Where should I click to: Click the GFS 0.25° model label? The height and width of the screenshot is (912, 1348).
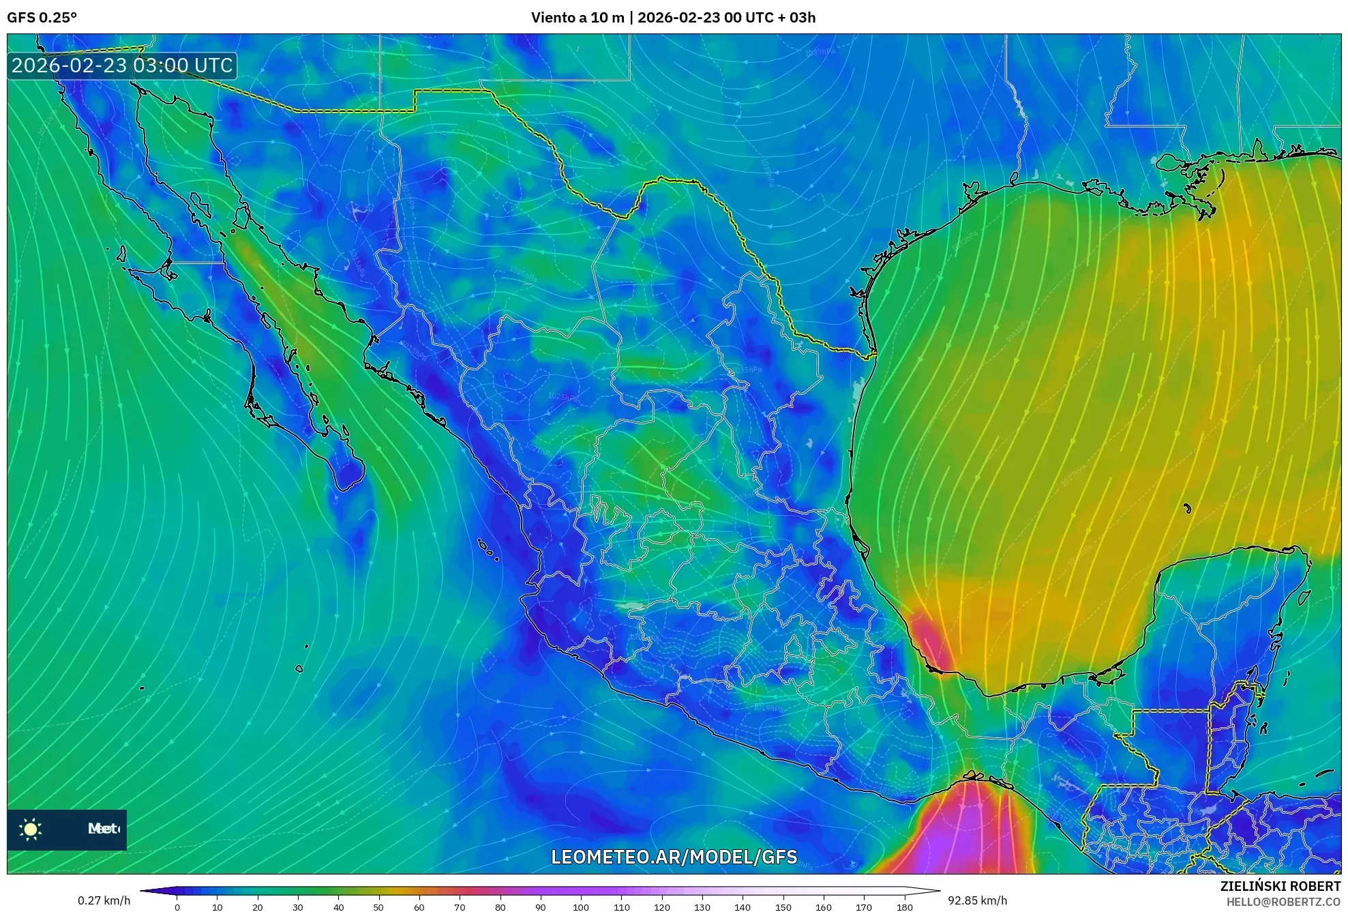[42, 18]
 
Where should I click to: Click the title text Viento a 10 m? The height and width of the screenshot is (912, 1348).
[577, 18]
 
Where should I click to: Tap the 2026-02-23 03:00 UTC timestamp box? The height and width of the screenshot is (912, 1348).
[122, 65]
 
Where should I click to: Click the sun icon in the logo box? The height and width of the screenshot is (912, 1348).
[31, 829]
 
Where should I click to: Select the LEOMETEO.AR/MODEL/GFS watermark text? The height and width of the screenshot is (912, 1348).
[674, 857]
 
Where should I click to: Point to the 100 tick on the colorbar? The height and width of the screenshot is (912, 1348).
[580, 907]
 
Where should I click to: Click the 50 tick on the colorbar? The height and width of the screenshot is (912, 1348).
[378, 907]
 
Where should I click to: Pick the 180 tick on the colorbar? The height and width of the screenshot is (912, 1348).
[904, 907]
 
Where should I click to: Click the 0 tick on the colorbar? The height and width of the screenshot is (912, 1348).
[177, 907]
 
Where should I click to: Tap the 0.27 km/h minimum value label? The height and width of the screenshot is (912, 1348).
[104, 900]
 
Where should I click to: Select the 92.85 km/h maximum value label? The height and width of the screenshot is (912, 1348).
[977, 900]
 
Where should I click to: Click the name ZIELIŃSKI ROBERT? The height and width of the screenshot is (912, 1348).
[1280, 886]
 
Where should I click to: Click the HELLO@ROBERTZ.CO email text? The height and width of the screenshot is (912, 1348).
[1283, 902]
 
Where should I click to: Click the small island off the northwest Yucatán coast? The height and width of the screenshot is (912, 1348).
[1187, 508]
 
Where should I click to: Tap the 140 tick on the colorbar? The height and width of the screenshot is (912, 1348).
[743, 907]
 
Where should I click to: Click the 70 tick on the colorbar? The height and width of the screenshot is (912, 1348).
[460, 907]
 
